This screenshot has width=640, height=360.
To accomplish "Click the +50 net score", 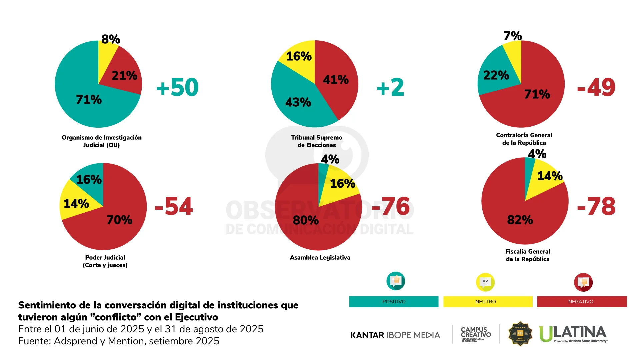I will pos(177,87).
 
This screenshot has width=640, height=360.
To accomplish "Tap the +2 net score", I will pos(390,87).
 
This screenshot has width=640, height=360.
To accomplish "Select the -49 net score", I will pos(596,87).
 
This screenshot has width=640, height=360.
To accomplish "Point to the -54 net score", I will pos(174,206).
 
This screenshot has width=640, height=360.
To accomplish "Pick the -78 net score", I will pos(596,206).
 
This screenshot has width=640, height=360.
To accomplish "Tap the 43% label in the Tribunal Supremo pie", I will pos(298,102).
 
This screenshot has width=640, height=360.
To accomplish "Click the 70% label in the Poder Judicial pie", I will pos(119,220).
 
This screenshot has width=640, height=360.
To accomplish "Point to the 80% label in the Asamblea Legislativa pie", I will pos(306,220).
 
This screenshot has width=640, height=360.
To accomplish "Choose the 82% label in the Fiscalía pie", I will pos(520,220).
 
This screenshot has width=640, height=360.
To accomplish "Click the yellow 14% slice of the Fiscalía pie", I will pos(547,177).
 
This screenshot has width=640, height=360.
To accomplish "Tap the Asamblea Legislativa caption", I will pos(320,258).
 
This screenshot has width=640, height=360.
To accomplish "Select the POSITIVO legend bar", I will pos(394,302).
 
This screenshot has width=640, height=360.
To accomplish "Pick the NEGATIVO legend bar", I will pos(582,302).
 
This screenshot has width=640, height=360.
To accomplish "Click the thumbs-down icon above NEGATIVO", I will pos(583,282).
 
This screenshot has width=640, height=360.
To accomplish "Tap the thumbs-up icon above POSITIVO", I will pos(396,281).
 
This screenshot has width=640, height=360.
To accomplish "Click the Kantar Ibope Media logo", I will pos(395,335).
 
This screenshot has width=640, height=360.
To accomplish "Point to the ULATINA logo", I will pos(573,334).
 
